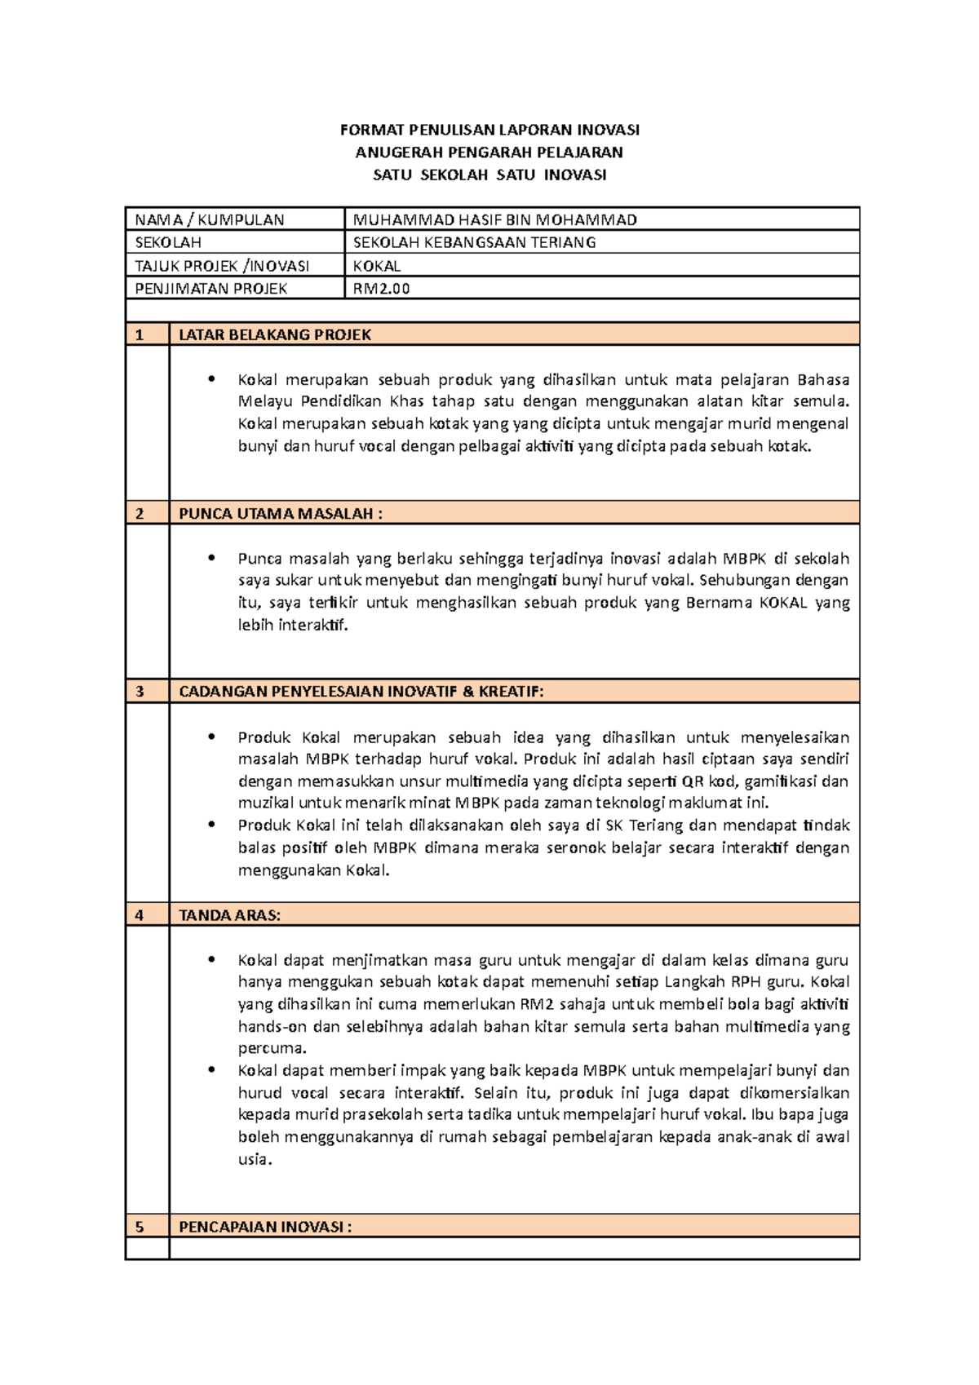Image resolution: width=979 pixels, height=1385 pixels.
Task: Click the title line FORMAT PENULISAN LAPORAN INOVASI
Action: pyautogui.click(x=489, y=130)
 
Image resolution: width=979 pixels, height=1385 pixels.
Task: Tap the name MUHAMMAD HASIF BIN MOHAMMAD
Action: pyautogui.click(x=494, y=219)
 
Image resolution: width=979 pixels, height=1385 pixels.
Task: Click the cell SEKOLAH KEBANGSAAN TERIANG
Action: pyautogui.click(x=474, y=242)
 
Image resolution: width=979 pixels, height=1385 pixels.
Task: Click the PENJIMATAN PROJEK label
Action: pyautogui.click(x=211, y=288)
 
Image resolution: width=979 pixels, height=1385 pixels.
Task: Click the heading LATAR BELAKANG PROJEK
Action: pyautogui.click(x=275, y=334)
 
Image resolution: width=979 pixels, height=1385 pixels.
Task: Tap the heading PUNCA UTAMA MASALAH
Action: pyautogui.click(x=280, y=513)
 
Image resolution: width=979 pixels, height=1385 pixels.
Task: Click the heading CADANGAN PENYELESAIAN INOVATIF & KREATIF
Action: pyautogui.click(x=361, y=692)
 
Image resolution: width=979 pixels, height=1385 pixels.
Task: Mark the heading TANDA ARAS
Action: pyautogui.click(x=229, y=915)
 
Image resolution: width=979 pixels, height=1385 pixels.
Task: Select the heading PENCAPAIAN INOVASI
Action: pyautogui.click(x=265, y=1227)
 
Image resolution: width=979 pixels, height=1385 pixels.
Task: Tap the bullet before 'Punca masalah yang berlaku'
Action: pyautogui.click(x=212, y=559)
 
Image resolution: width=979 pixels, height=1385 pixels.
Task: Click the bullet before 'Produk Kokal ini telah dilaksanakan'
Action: pyautogui.click(x=212, y=825)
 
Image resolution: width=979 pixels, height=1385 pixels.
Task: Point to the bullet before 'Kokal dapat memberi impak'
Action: pyautogui.click(x=212, y=1070)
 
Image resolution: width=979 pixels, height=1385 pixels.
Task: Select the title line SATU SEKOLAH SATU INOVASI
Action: pyautogui.click(x=489, y=175)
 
